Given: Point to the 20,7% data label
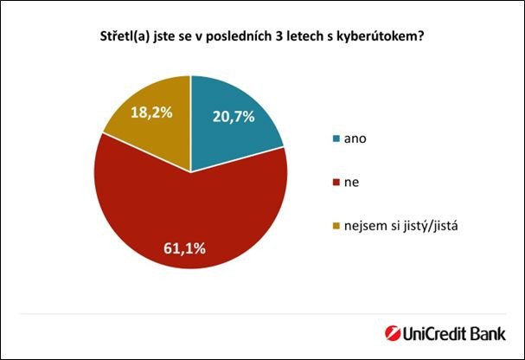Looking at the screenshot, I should (234, 117).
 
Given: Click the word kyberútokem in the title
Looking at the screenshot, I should (385, 39).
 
